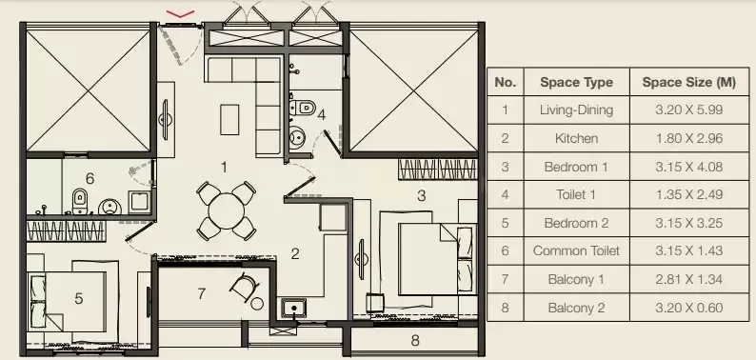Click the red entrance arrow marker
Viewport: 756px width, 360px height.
pyautogui.click(x=180, y=14)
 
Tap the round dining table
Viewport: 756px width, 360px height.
pyautogui.click(x=226, y=210)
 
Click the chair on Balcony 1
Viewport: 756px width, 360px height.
pyautogui.click(x=245, y=286)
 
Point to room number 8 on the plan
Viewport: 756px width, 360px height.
pyautogui.click(x=415, y=341)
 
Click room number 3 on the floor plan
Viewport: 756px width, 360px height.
pyautogui.click(x=422, y=196)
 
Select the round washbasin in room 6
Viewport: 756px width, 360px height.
pyautogui.click(x=109, y=208)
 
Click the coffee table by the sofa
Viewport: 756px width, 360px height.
pyautogui.click(x=229, y=120)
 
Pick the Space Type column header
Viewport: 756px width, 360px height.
pyautogui.click(x=576, y=83)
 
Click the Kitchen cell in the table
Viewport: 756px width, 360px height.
pyautogui.click(x=576, y=138)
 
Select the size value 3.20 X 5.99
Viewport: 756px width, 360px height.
pyautogui.click(x=689, y=110)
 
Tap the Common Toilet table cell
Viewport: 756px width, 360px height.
pyautogui.click(x=576, y=250)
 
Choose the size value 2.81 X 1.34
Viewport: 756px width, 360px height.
pyautogui.click(x=689, y=279)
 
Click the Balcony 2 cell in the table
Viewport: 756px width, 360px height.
pyautogui.click(x=576, y=308)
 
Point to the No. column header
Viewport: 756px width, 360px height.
pyautogui.click(x=505, y=83)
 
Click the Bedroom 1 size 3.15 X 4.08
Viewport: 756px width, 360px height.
pyautogui.click(x=689, y=167)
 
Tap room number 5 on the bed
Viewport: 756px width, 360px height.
pyautogui.click(x=79, y=299)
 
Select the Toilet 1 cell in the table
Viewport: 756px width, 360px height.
pyautogui.click(x=576, y=195)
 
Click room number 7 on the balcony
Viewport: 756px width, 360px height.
pyautogui.click(x=202, y=293)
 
